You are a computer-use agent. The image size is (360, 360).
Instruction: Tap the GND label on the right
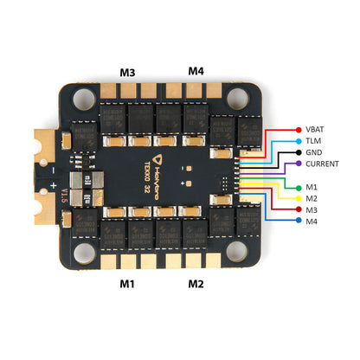click(x=313, y=151)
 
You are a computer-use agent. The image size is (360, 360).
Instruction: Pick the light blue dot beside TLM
click(x=297, y=139)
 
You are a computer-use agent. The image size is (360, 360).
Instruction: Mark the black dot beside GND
click(x=297, y=151)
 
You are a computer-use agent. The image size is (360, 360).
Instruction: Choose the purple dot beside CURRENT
click(x=297, y=163)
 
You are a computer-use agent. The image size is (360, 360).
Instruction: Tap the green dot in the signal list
click(x=297, y=187)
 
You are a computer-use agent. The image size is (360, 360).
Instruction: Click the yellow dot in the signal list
click(x=297, y=198)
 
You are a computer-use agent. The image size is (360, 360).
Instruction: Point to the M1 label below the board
click(x=126, y=284)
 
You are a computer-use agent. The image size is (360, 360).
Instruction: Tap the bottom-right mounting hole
click(x=257, y=251)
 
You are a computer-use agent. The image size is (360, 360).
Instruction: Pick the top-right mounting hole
click(x=257, y=101)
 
